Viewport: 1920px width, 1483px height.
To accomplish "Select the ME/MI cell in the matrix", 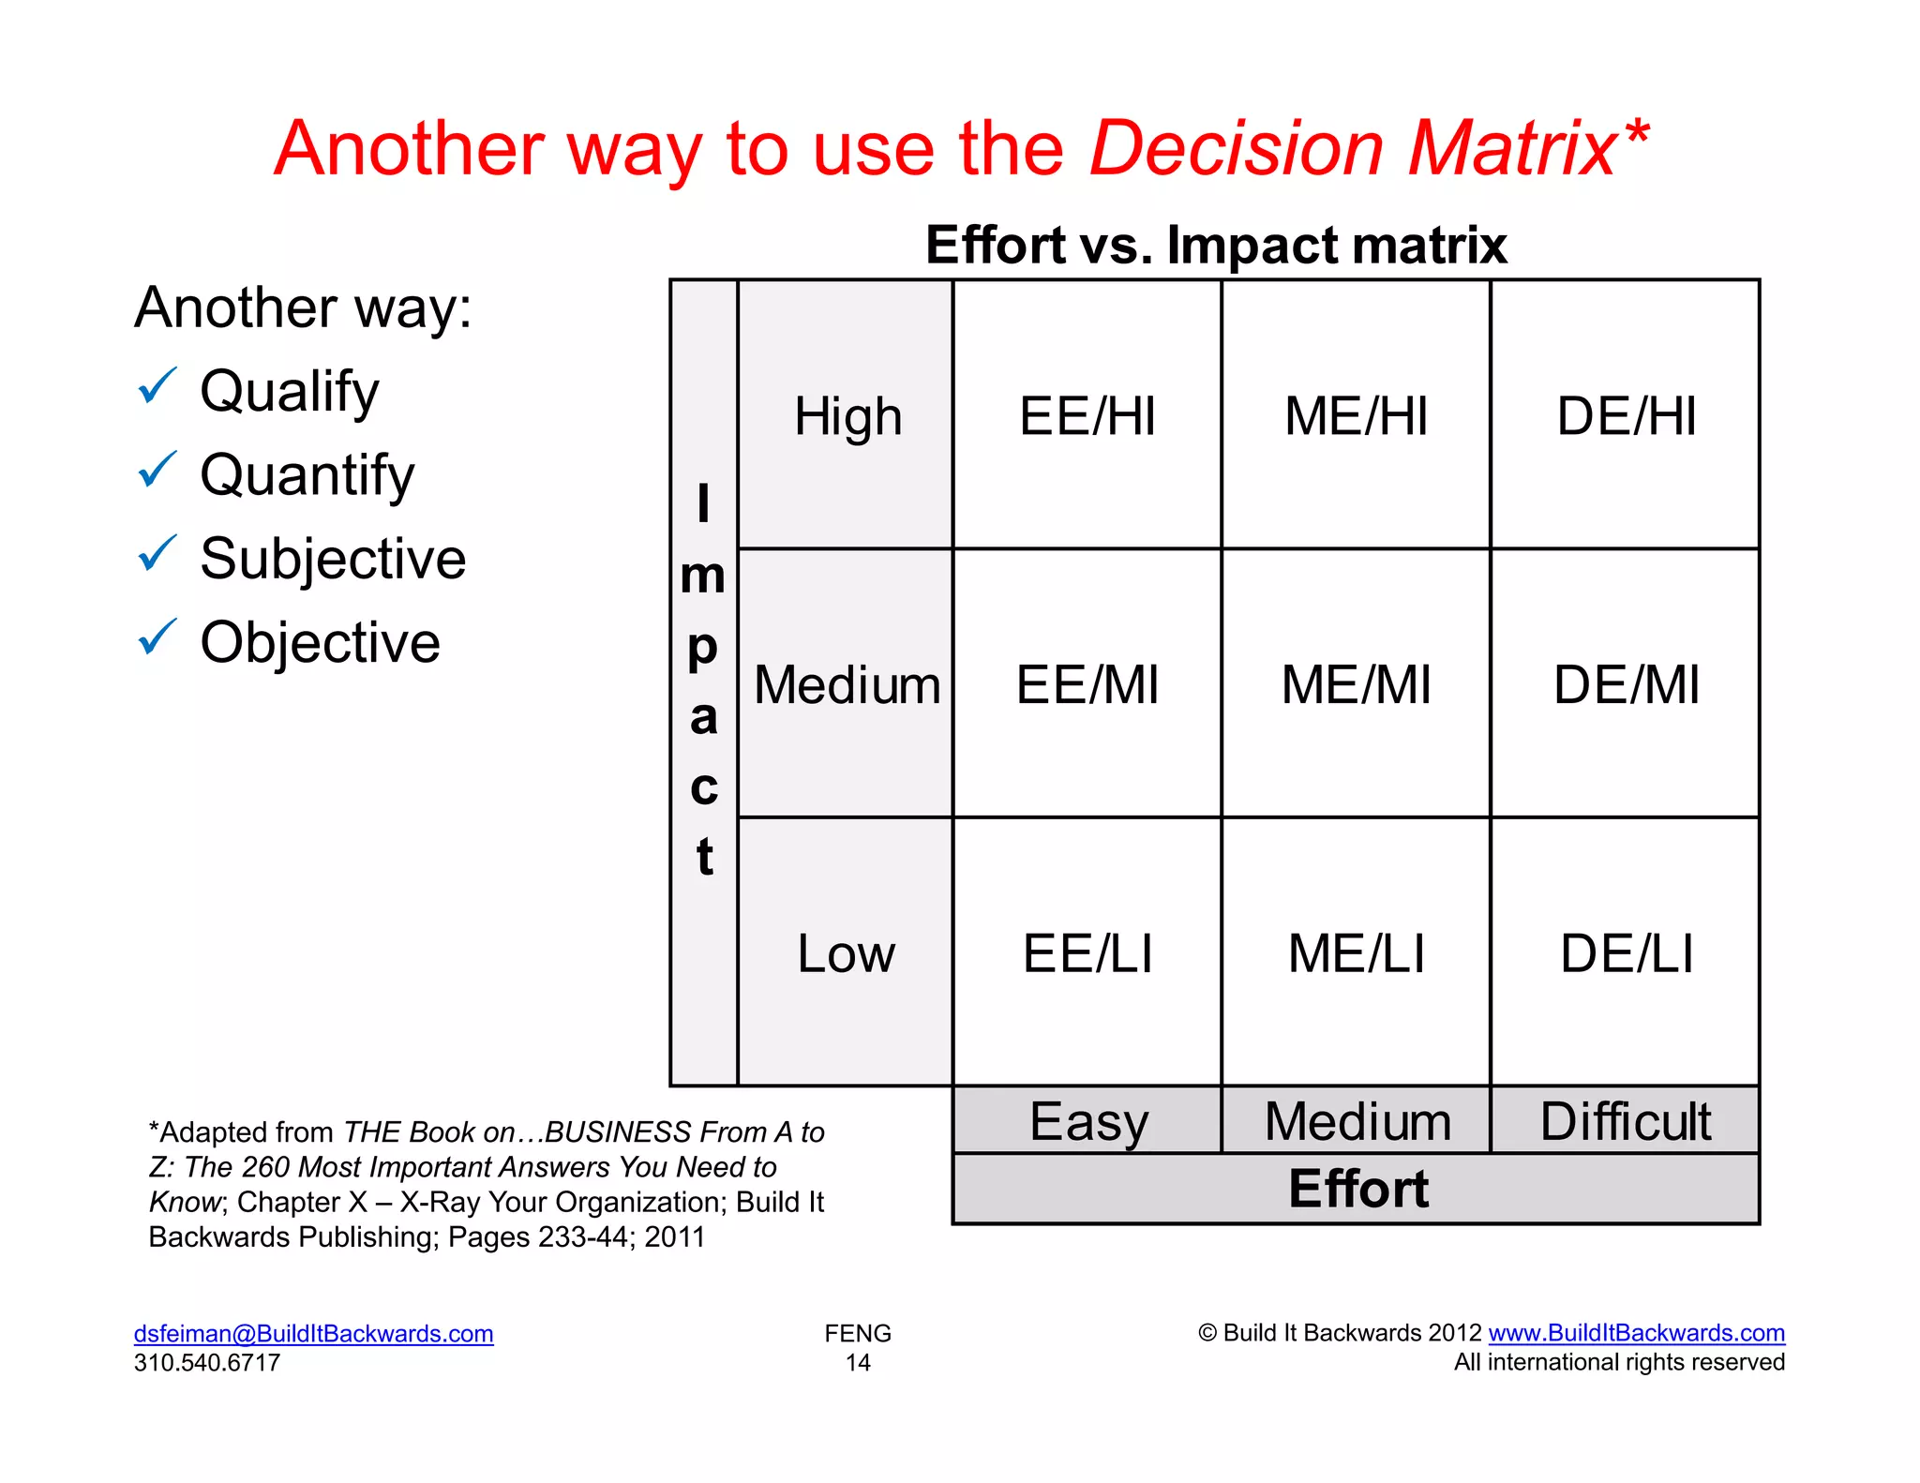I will click(1356, 684).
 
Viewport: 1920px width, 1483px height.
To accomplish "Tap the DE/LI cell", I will click(1626, 953).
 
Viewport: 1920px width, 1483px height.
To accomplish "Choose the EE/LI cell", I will click(1087, 953).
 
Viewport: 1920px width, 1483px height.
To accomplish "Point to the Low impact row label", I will click(846, 953).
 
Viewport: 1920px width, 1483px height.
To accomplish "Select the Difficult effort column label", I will click(1626, 1121).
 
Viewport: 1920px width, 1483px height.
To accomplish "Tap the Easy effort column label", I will click(1087, 1121).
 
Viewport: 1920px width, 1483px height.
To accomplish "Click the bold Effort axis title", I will click(1357, 1189).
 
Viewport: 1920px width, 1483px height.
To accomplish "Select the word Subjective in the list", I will click(333, 559).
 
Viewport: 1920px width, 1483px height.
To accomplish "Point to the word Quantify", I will click(307, 475).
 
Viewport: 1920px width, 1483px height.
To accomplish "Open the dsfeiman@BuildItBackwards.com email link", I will click(313, 1333).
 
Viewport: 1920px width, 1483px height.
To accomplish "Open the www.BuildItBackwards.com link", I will click(1636, 1332).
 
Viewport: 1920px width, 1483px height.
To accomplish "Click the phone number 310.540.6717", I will click(207, 1362).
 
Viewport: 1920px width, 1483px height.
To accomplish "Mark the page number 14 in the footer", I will click(858, 1362).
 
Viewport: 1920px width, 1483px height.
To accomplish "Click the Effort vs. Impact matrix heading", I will click(1215, 245).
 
